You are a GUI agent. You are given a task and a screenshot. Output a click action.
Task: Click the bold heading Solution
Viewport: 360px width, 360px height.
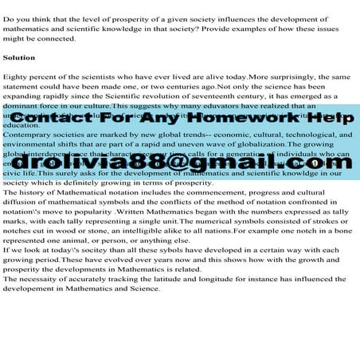click(19, 58)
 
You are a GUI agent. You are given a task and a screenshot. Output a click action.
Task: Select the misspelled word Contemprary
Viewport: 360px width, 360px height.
click(30, 135)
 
